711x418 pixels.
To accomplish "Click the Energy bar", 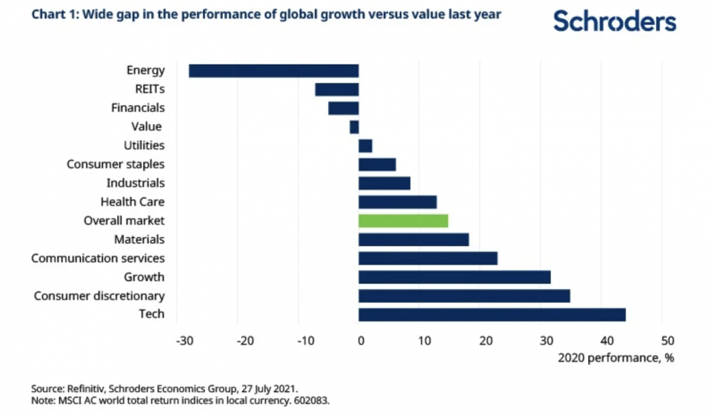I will coord(273,70).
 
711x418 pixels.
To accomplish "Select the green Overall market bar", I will coord(403,220).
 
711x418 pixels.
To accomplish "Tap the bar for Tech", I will coord(492,314).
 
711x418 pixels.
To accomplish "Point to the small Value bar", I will coord(354,127).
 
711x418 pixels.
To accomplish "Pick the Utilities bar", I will coord(365,145).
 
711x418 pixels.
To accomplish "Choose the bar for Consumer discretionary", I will coord(464,296).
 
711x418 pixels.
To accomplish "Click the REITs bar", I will coord(336,89).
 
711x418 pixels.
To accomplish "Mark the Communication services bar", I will coord(427,258).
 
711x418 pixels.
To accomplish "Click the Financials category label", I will coord(138,108).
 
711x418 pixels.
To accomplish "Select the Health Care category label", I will coord(133,202).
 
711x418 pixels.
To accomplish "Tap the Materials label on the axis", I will coord(139,239).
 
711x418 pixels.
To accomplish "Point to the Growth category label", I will coord(144,277).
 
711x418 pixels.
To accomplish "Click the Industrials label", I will coord(136,183).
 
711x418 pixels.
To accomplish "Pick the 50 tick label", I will coord(667,341).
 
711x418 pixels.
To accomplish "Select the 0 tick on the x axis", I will coord(361,341).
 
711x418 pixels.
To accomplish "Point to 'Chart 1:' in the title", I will coord(53,15).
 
